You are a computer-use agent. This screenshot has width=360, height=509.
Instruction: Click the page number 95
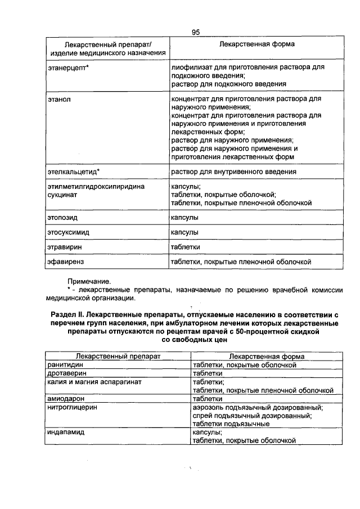click(195, 33)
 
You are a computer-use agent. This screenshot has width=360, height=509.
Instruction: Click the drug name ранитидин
click(65, 365)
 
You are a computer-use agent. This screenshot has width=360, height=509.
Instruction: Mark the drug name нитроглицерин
click(72, 407)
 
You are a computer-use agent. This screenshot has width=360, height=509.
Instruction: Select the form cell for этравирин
click(186, 246)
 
